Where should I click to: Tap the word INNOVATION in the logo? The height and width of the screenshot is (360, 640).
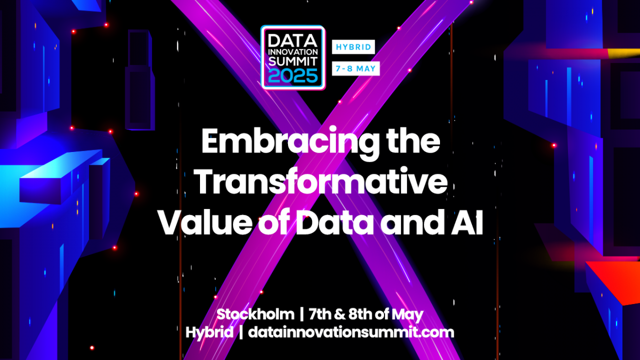[292, 51]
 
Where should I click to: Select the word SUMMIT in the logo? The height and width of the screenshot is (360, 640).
[292, 62]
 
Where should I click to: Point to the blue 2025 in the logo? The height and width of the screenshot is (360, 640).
[292, 76]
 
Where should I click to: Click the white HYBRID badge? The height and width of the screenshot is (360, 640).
[353, 47]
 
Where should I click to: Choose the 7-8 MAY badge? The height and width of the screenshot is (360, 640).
[355, 69]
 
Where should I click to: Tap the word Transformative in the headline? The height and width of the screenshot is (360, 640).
[320, 183]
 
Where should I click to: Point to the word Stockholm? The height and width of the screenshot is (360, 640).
[255, 314]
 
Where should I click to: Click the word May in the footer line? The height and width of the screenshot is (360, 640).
[410, 314]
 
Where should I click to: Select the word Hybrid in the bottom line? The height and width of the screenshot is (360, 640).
[209, 332]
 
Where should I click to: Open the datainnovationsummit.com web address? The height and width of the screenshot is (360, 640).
[351, 332]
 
